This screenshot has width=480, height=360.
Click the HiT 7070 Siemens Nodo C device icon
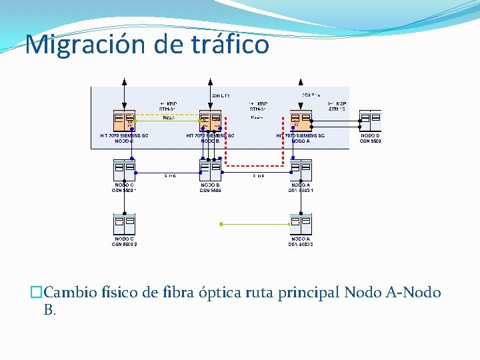[x=124, y=121]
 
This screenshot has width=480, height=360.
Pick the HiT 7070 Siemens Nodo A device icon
[x=301, y=121]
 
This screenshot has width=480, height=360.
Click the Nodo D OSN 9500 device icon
[x=370, y=121]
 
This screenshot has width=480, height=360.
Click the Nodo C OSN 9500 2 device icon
[x=124, y=224]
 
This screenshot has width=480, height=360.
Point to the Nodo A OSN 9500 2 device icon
[x=301, y=224]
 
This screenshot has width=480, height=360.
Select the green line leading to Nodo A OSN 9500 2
[x=257, y=224]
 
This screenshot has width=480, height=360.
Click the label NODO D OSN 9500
[x=370, y=138]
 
